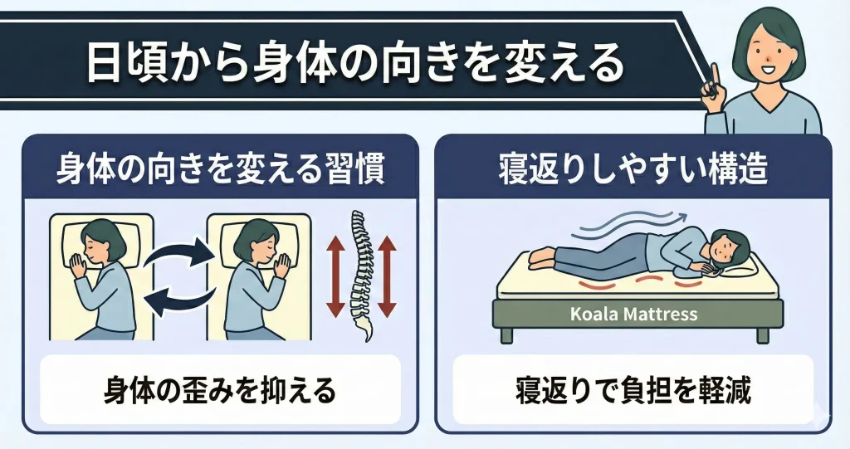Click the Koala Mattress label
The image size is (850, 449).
tap(634, 315)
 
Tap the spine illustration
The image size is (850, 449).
tap(359, 274)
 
